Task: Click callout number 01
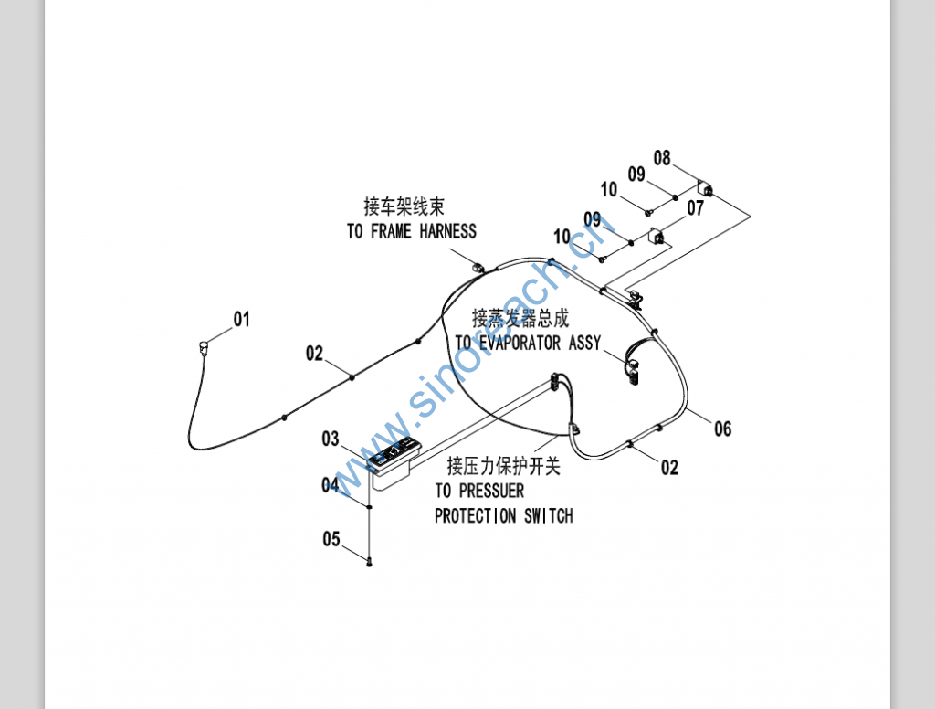pos(241,319)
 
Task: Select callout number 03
pos(331,439)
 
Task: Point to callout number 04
pos(331,485)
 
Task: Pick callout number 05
pos(331,539)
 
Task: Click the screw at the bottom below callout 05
pos(369,563)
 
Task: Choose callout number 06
pos(722,429)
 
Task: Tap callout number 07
pos(696,208)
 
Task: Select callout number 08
pos(662,158)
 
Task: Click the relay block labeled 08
pos(707,190)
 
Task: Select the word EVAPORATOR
pos(522,344)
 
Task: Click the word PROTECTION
pos(475,516)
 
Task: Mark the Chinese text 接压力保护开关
pos(503,467)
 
